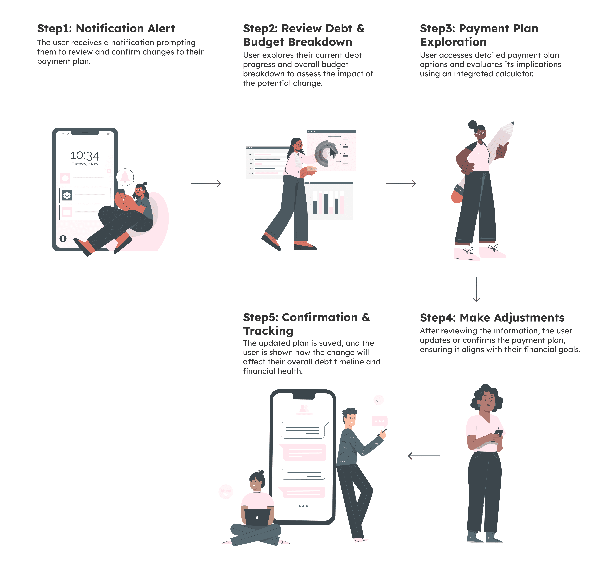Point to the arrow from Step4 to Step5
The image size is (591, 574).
(x=424, y=456)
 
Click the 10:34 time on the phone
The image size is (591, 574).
(x=85, y=156)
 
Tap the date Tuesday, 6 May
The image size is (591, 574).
(x=85, y=164)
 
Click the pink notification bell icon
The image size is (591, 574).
(x=125, y=177)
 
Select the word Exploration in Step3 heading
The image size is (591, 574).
(x=453, y=42)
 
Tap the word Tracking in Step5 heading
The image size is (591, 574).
(x=268, y=331)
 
